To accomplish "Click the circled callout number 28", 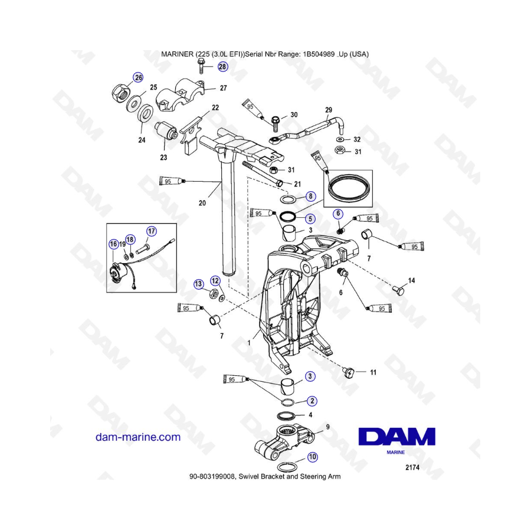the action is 222,67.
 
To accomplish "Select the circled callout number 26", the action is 138,77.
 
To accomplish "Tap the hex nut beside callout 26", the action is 121,91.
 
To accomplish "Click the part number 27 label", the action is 223,88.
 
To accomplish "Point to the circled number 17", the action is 152,231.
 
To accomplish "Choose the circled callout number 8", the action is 310,196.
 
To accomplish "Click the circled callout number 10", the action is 312,457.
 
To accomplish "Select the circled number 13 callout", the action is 198,284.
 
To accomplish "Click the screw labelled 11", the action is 349,373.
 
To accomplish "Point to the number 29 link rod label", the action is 329,110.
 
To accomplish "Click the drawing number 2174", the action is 412,468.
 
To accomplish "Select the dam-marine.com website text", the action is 138,437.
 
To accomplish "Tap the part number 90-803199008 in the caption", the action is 212,477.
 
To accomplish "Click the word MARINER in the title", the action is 177,54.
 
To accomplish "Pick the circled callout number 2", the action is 312,401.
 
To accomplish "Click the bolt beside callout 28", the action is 201,65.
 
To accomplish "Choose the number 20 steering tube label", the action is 202,203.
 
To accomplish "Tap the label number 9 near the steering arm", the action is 327,427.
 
